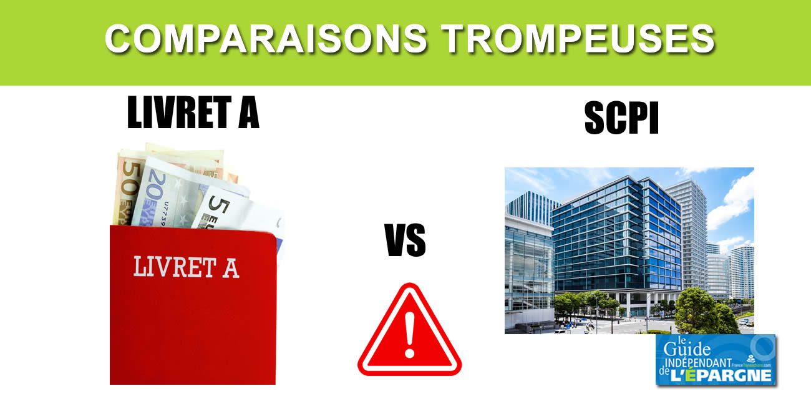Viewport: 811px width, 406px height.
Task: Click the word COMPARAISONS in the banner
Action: point(265,40)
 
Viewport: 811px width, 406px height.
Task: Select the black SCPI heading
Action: point(621,119)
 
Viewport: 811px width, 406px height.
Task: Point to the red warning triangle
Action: point(409,334)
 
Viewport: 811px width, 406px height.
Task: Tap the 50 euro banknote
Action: point(129,187)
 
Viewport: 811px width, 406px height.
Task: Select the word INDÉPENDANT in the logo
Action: point(705,362)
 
